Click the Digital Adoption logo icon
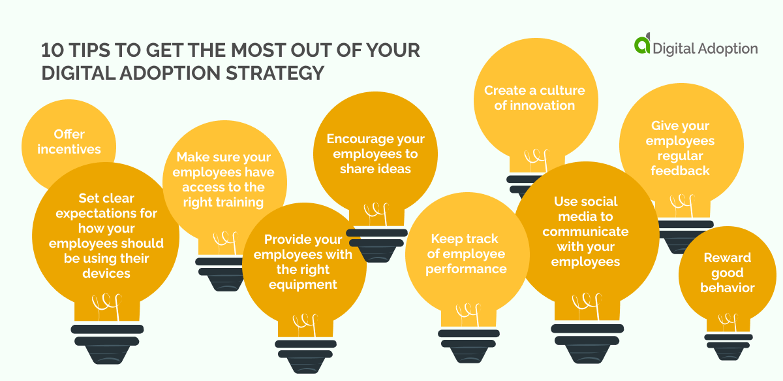642,45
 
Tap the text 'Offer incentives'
69,142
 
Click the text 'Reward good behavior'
728,273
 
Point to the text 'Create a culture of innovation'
534,98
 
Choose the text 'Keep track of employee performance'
466,254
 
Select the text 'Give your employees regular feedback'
681,148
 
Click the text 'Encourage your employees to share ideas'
375,154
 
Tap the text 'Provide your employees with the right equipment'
303,261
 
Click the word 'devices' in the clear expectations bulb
106,273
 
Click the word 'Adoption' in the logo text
728,48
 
